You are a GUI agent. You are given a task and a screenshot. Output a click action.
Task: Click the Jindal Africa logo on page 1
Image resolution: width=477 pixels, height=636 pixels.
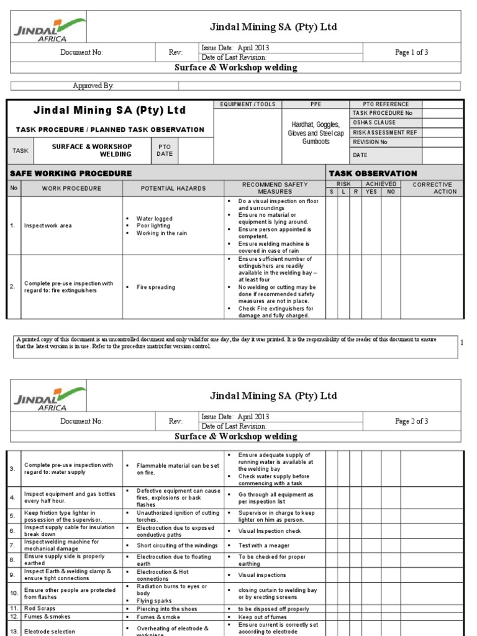(x=48, y=29)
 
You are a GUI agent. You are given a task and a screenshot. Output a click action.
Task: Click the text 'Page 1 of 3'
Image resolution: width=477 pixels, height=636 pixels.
(x=411, y=52)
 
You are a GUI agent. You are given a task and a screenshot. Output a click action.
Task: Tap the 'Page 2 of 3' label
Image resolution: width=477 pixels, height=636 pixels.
(x=411, y=421)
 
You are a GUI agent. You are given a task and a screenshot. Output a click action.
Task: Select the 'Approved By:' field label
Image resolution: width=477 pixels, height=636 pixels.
(x=94, y=86)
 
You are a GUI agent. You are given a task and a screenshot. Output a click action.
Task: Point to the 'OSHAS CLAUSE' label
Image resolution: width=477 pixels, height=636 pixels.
(x=374, y=122)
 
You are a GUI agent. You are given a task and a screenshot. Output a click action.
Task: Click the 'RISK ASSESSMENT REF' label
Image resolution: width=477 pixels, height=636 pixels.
(x=385, y=132)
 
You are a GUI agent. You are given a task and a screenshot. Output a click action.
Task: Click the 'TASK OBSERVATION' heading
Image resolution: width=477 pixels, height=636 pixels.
(x=373, y=173)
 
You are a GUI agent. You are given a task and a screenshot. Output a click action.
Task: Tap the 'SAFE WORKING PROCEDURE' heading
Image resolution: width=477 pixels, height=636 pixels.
(x=71, y=173)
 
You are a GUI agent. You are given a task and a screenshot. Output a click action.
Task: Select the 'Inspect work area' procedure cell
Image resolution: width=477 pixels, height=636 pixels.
(x=48, y=225)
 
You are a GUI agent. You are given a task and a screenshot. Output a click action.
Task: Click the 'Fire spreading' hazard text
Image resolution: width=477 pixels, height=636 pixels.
(x=156, y=288)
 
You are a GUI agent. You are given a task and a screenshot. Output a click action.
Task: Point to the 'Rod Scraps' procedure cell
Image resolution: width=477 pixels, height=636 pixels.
(x=40, y=609)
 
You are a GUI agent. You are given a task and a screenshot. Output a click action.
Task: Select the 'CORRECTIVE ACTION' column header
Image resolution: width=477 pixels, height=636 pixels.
(x=432, y=188)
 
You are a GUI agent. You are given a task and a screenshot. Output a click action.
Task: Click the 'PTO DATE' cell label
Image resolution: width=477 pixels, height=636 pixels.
(x=164, y=150)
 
